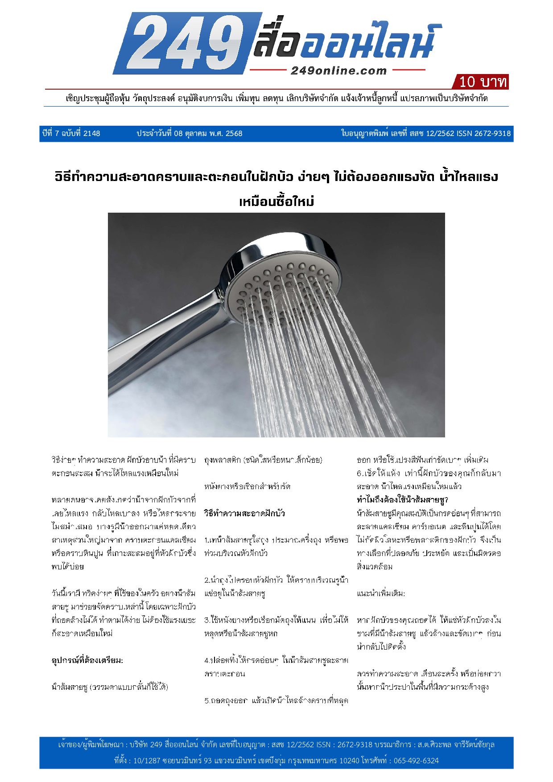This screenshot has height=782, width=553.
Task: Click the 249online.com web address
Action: coord(338,70)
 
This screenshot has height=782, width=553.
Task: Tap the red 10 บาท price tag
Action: coord(482,82)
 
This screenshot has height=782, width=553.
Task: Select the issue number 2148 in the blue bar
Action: coord(92,133)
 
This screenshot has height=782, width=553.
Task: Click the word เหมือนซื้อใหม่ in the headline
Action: coord(276,202)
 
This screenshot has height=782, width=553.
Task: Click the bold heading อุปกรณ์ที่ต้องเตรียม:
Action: coord(87,660)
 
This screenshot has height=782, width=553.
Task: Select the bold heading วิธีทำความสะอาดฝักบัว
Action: coord(244,513)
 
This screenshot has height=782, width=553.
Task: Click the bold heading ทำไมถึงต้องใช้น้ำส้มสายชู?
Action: coord(402,500)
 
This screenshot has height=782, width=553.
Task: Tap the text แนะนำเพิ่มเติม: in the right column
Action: coord(381,593)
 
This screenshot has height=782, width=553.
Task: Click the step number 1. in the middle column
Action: coord(207,540)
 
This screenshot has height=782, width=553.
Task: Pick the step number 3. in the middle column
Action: coord(207,620)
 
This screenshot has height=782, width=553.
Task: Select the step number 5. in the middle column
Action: coord(207,700)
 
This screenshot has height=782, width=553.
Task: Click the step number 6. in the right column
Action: coord(359,473)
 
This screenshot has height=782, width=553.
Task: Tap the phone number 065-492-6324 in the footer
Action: coord(416,761)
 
